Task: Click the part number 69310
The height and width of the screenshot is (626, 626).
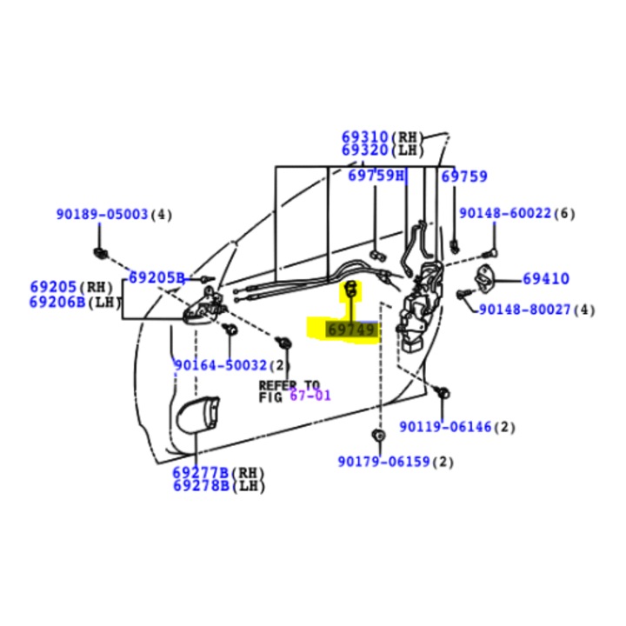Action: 365,137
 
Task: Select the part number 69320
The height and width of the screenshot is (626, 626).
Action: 365,150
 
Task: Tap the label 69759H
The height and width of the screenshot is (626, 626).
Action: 376,176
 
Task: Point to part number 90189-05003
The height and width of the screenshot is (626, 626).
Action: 103,214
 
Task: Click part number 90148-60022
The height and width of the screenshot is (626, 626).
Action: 505,213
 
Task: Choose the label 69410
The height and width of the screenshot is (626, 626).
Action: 546,279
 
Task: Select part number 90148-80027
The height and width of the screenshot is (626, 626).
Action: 526,309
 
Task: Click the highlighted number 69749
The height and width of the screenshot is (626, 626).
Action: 351,330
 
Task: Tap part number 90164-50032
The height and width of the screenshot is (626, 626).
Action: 221,365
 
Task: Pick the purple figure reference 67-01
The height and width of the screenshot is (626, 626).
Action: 310,396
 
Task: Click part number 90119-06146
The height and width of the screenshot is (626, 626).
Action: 446,427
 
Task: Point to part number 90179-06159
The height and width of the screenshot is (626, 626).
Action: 384,462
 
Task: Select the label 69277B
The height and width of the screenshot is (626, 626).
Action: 200,473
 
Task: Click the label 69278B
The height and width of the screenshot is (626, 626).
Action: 200,485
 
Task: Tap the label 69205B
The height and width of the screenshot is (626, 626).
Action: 157,277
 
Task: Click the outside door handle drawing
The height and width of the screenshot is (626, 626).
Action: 197,416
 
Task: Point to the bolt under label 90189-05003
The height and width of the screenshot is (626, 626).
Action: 100,253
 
